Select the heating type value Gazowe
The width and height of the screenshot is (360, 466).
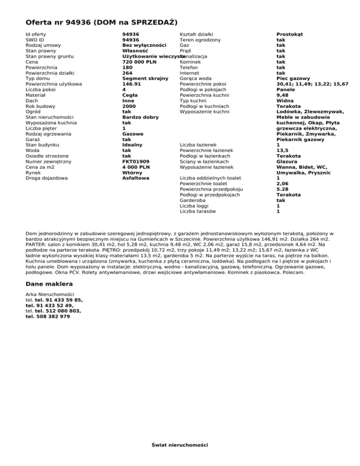coord(133,134)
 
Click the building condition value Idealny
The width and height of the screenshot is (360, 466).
coord(132,145)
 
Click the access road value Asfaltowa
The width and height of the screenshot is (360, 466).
coord(135,178)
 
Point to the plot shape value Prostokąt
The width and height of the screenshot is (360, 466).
coord(290,35)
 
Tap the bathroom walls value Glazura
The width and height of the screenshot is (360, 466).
coord(288,161)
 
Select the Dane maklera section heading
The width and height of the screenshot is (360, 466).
coord(49,284)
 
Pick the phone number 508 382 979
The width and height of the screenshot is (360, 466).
coord(47,316)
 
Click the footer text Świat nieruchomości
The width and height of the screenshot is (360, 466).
coord(180,444)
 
